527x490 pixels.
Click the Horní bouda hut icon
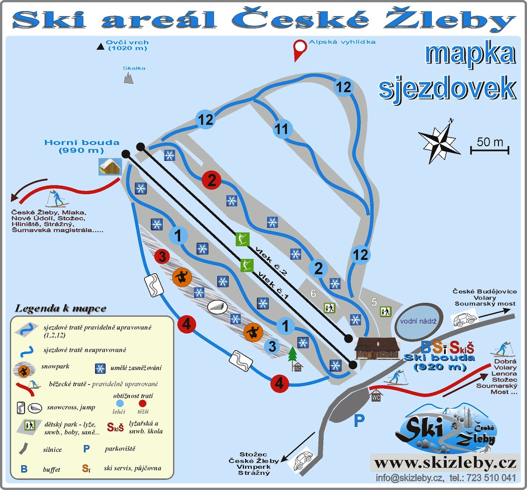click(x=110, y=166)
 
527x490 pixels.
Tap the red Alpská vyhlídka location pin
click(x=300, y=49)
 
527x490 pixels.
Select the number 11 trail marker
click(x=282, y=129)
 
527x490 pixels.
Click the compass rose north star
click(x=439, y=141)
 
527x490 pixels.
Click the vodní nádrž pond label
click(x=419, y=321)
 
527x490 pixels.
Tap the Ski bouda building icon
click(x=377, y=349)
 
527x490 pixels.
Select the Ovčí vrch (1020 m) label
click(x=127, y=45)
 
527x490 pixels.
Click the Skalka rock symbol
click(x=129, y=78)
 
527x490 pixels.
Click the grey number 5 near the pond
click(x=374, y=302)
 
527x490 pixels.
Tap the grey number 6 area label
click(x=313, y=293)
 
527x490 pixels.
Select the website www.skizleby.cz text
click(x=445, y=463)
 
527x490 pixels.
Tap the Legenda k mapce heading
click(x=61, y=308)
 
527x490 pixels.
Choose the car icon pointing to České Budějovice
click(x=464, y=319)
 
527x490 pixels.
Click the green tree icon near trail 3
click(x=293, y=354)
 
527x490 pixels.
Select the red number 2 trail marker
click(x=212, y=180)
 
